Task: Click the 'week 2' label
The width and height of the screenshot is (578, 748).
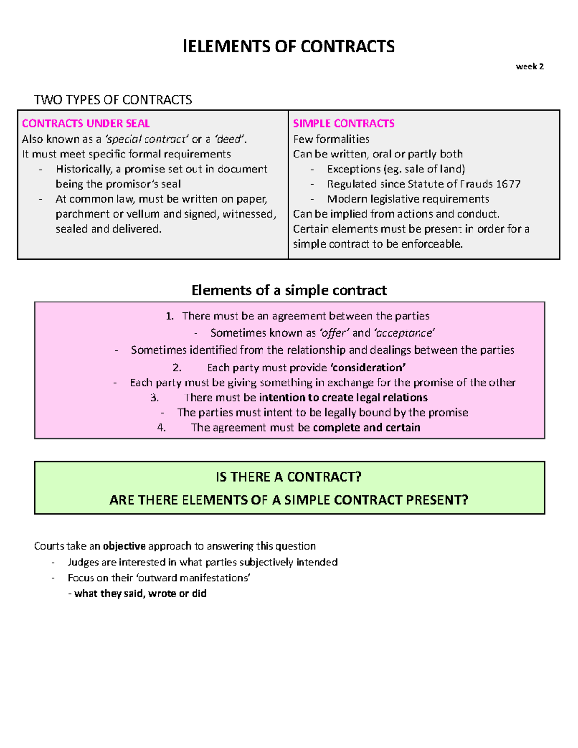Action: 529,66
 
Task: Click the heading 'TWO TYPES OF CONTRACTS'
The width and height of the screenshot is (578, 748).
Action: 113,100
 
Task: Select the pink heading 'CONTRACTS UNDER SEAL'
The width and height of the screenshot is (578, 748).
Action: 86,123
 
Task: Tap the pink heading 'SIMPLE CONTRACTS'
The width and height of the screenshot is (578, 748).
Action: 343,123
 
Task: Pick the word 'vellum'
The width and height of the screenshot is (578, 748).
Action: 143,214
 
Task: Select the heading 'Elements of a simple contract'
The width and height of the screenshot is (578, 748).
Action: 289,290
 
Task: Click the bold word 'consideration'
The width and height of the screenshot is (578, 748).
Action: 368,367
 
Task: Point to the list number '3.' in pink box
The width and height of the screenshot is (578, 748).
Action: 155,397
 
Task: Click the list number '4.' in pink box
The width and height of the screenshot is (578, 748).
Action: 161,427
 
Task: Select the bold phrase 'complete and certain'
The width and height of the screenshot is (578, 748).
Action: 367,427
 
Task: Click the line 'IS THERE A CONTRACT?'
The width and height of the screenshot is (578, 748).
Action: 289,477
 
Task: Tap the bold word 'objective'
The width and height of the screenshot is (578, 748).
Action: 124,546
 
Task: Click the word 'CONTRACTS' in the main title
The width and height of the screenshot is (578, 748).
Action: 347,47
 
